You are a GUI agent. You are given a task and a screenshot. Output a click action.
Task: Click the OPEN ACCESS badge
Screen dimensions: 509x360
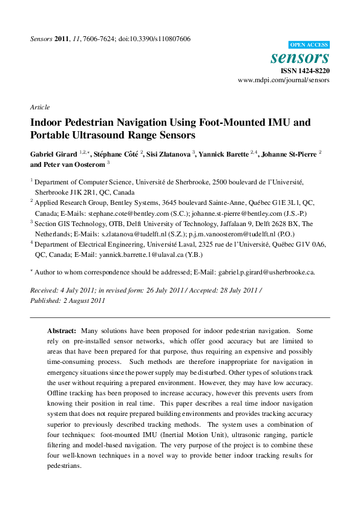pos(309,45)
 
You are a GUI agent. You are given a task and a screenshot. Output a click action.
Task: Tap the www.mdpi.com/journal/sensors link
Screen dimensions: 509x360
pos(284,80)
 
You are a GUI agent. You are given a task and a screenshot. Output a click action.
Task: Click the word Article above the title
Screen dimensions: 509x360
pos(40,107)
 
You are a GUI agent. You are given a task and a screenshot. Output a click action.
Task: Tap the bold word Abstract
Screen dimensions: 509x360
pos(62,332)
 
